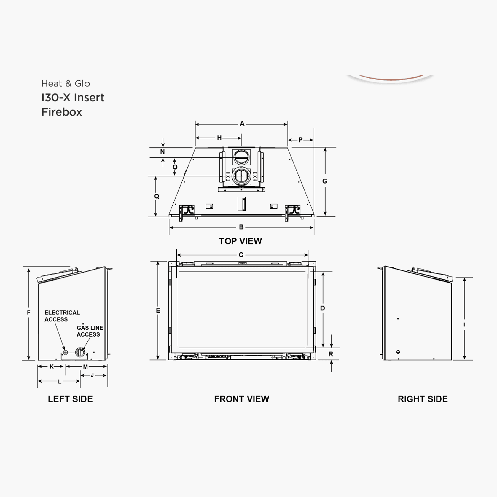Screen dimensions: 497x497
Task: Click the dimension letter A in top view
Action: pos(242,124)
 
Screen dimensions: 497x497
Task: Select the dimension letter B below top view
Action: pos(241,227)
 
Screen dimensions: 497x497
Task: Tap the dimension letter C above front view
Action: pos(241,255)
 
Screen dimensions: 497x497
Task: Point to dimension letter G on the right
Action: pos(325,181)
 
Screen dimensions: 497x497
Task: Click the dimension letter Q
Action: pos(157,196)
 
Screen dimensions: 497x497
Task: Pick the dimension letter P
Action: pos(300,140)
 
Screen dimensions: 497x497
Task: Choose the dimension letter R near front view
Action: pos(331,354)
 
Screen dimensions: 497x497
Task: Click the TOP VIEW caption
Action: pos(240,241)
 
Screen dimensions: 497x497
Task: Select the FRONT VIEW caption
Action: pos(241,399)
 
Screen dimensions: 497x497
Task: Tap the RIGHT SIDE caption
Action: pos(423,399)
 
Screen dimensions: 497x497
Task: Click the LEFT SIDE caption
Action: pos(70,399)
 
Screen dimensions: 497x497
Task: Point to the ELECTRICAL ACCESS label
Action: pos(62,316)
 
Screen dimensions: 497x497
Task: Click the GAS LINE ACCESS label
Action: pos(90,331)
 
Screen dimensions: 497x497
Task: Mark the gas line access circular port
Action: pos(80,352)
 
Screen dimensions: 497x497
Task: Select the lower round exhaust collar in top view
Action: pos(241,176)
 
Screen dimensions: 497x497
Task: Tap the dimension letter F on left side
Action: pos(28,313)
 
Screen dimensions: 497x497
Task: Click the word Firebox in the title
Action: pos(62,112)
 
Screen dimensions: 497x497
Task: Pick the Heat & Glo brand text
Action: pos(66,84)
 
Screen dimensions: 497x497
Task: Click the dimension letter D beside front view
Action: pos(322,308)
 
